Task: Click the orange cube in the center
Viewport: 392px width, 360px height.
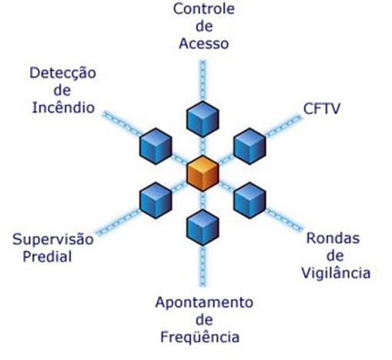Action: (203, 173)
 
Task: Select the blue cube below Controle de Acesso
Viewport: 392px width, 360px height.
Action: (203, 119)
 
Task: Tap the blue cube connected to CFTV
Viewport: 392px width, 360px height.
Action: (250, 146)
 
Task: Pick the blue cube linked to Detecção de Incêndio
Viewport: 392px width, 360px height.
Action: (156, 146)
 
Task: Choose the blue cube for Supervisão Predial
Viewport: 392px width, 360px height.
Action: (156, 200)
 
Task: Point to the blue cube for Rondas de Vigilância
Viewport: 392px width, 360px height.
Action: (250, 200)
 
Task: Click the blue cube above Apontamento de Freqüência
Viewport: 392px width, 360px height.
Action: (203, 227)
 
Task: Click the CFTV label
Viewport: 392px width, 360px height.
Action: (322, 109)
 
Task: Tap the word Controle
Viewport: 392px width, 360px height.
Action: (204, 8)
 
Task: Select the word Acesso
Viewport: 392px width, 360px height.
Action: (203, 43)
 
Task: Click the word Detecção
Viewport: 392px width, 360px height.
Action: (63, 73)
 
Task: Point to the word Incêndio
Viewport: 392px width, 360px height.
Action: (63, 107)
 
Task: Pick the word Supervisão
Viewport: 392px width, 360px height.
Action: (53, 240)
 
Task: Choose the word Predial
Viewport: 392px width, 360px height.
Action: (48, 257)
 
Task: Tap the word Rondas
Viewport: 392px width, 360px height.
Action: (333, 238)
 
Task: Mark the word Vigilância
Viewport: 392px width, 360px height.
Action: (336, 272)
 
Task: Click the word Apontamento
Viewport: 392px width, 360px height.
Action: (204, 303)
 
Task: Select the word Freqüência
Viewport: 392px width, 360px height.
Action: (200, 337)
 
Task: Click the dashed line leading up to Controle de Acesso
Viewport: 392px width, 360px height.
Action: (203, 80)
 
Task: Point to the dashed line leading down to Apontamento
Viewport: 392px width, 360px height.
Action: (203, 266)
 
